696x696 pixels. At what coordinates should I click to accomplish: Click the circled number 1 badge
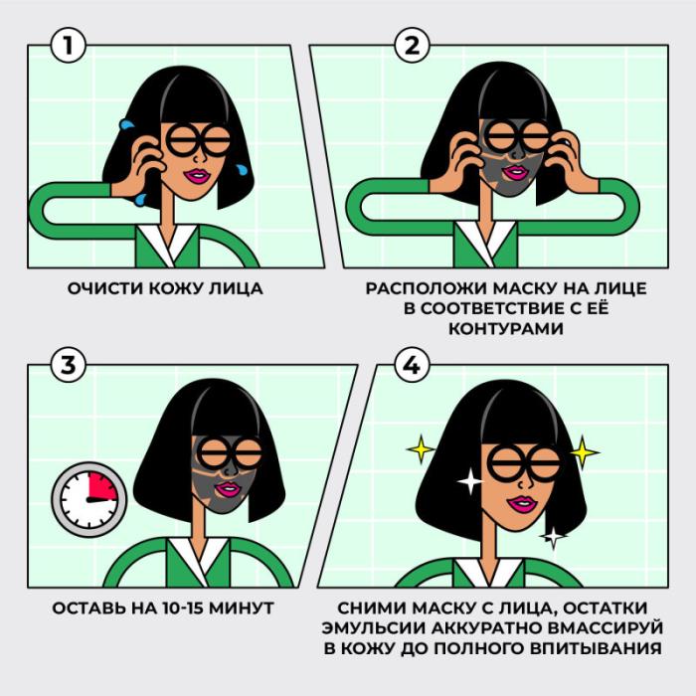pos(68,46)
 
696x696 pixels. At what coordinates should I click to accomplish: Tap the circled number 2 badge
pos(412,46)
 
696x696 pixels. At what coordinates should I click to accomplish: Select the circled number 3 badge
pos(68,365)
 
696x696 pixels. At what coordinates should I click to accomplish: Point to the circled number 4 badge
pos(412,365)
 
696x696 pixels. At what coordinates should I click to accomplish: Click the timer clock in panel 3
pos(89,499)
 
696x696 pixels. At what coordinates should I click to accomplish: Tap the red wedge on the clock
pos(103,486)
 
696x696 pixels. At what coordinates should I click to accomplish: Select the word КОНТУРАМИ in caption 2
pos(505,329)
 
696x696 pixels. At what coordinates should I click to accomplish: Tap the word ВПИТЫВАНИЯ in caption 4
pos(595,648)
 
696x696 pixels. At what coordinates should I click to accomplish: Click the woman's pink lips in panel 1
pos(199,176)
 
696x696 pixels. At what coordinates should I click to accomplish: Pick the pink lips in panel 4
pos(522,504)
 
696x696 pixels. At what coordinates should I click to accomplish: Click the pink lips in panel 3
pos(229,489)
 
